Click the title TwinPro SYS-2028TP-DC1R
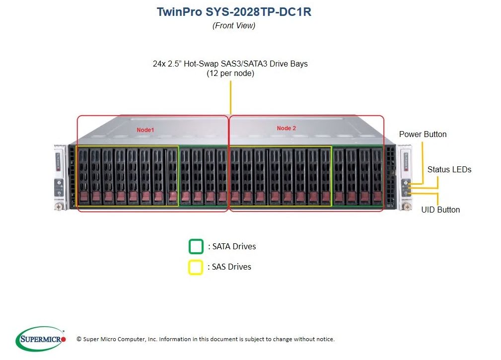click(234, 12)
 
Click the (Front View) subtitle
click(234, 25)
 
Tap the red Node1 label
click(145, 130)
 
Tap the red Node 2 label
click(286, 128)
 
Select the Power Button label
click(423, 134)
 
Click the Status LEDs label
click(449, 169)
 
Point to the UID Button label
click(440, 210)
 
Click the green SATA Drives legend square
click(196, 246)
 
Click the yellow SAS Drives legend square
click(195, 267)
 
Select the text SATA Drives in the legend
click(234, 246)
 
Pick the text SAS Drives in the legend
click(232, 267)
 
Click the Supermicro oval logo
click(41, 339)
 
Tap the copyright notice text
click(206, 339)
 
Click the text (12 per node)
click(230, 73)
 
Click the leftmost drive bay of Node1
click(83, 177)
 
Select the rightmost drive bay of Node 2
click(377, 176)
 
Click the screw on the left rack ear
click(58, 207)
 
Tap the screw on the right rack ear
click(407, 207)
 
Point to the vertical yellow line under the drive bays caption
click(230, 97)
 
